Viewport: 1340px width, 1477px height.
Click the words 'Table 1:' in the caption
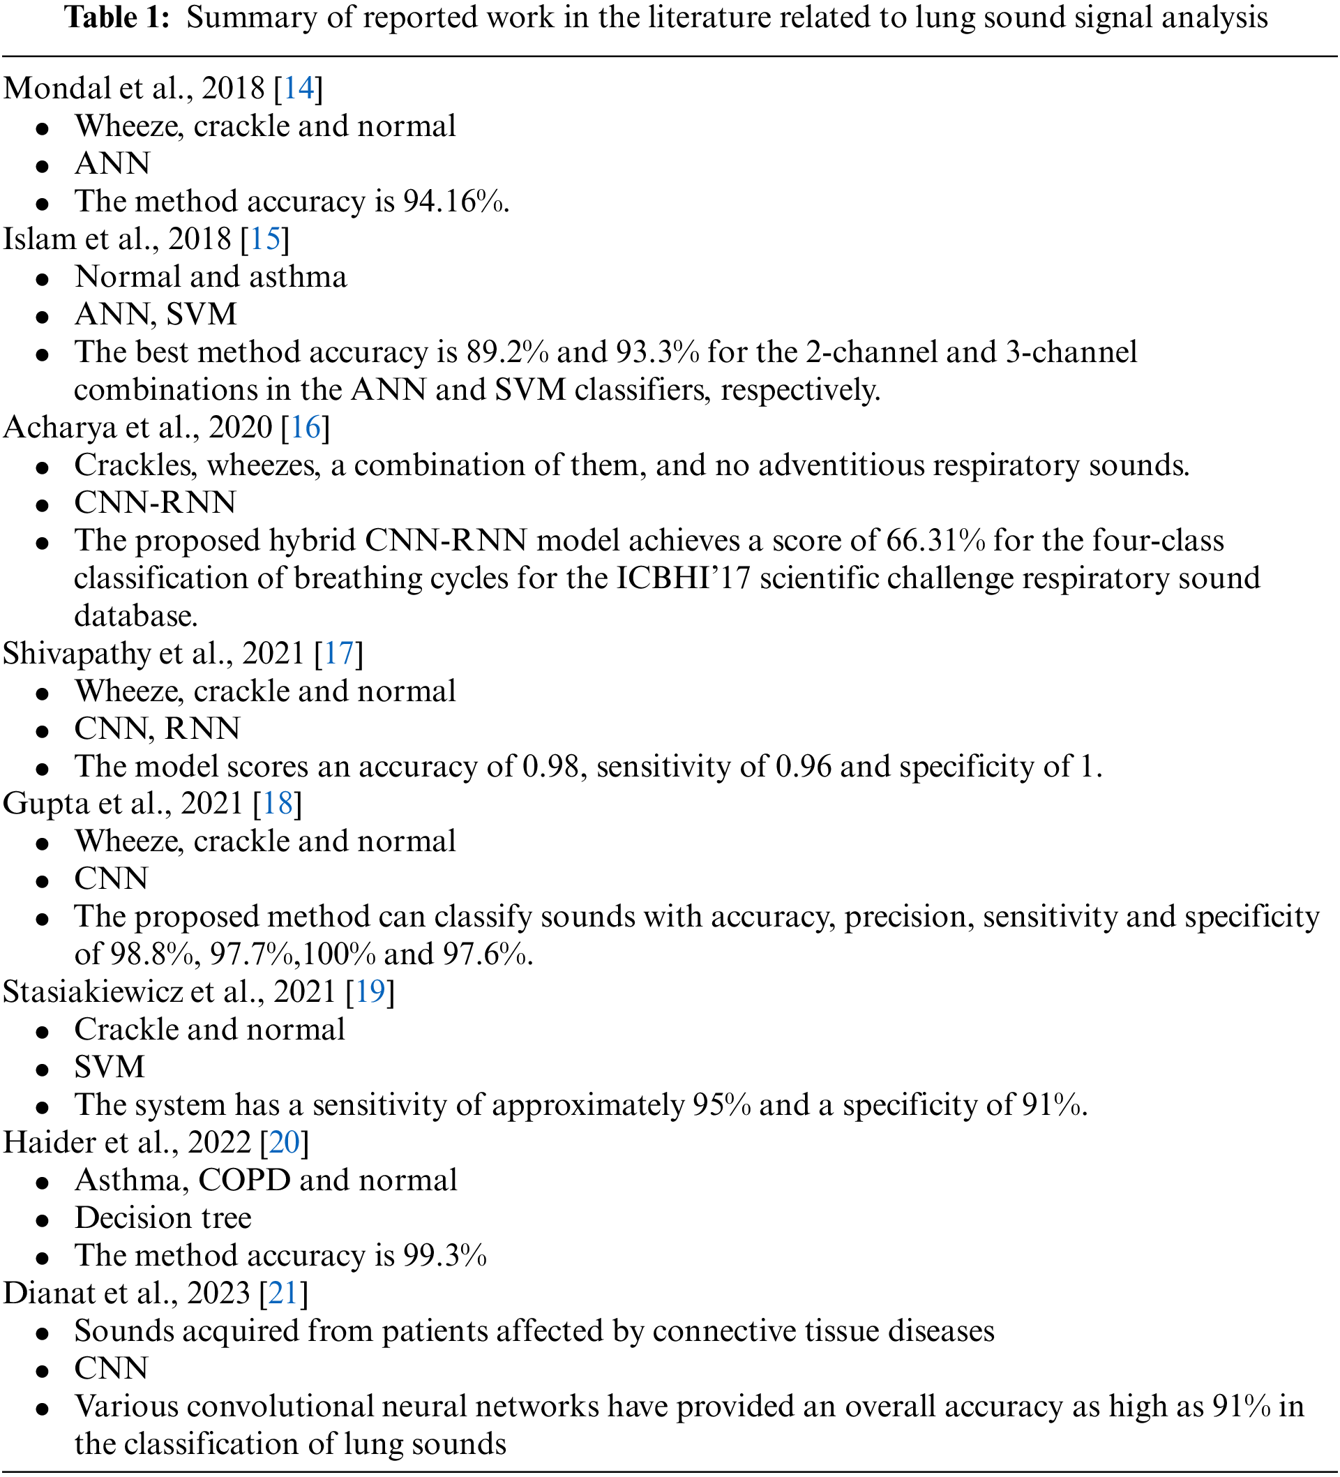point(117,17)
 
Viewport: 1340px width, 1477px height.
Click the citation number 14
point(298,88)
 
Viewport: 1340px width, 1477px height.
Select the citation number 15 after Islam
point(265,239)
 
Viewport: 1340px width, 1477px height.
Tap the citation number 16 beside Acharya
point(306,427)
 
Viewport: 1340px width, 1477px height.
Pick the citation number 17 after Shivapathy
point(339,653)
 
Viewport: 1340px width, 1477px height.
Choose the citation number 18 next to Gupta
point(278,803)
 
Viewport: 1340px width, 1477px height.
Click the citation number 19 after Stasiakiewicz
point(370,991)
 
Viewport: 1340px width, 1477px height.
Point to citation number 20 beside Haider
point(285,1142)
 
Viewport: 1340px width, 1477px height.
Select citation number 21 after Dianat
point(283,1292)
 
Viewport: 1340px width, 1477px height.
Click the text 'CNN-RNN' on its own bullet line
point(156,502)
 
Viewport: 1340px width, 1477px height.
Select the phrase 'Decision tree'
point(163,1217)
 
